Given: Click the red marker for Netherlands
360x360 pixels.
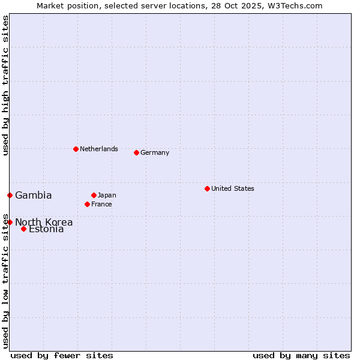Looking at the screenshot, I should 76,149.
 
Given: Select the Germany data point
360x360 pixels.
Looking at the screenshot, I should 136,152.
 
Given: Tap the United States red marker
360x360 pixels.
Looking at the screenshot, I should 207,188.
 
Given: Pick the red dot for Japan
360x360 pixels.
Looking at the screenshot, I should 94,195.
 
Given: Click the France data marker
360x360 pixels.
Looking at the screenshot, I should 87,204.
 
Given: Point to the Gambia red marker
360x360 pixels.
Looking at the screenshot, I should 10,195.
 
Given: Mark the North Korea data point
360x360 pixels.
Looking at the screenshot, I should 10,222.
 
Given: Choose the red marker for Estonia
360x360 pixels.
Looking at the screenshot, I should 23,229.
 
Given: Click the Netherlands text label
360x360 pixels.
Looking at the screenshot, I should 99,149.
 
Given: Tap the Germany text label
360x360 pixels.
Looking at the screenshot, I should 155,152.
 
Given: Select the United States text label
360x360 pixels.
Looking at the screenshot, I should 233,188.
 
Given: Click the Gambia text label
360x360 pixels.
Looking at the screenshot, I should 34,195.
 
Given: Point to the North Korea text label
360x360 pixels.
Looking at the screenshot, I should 44,222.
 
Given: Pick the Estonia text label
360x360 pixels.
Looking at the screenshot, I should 47,229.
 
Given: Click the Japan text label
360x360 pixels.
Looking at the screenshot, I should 107,195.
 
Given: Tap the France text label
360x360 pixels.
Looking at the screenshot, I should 102,204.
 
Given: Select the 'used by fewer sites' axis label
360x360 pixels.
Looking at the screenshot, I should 62,355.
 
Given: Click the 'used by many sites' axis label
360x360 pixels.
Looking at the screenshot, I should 301,355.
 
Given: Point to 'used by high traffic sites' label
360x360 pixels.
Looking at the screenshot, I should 6,85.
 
